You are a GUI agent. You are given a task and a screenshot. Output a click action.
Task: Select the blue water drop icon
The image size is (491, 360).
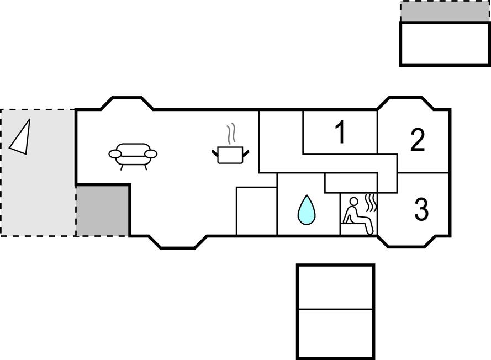307,210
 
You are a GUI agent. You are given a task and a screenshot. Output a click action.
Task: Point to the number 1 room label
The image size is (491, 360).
341,133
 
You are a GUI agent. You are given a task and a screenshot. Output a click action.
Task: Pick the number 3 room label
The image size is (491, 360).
421,210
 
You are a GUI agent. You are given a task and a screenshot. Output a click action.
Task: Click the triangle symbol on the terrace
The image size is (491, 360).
20,136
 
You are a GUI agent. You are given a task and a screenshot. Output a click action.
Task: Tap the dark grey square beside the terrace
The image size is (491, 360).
103,210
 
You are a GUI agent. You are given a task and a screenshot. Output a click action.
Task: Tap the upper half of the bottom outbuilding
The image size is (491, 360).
335,287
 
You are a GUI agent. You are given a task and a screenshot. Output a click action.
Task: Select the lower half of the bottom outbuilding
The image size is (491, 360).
335,332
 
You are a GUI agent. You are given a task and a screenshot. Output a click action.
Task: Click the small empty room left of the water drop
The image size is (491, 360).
256,211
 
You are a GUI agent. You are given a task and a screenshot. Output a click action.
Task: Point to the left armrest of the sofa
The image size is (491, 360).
115,153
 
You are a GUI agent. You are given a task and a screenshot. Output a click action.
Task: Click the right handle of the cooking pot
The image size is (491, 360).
247,151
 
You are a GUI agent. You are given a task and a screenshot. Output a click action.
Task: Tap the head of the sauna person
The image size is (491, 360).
355,201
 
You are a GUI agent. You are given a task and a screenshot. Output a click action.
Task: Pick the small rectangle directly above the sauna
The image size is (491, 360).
350,183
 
